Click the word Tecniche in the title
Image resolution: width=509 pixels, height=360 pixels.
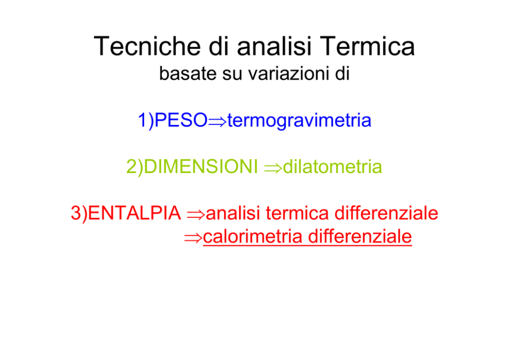[147, 46]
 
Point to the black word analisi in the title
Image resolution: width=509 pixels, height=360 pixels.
[275, 46]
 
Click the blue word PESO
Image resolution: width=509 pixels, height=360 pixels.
[181, 120]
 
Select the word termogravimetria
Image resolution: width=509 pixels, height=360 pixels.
[299, 121]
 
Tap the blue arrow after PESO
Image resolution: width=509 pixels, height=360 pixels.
[217, 122]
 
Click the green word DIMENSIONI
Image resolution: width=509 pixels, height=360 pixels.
[201, 166]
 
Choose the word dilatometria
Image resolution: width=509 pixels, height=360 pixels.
[332, 167]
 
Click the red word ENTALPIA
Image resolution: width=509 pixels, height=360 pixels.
[134, 213]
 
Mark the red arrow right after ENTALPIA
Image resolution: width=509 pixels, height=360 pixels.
[196, 215]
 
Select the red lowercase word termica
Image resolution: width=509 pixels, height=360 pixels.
[298, 214]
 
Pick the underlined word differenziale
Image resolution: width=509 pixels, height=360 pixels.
[360, 237]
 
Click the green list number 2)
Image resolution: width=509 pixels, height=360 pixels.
[135, 167]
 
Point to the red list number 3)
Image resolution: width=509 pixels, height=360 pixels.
[79, 214]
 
